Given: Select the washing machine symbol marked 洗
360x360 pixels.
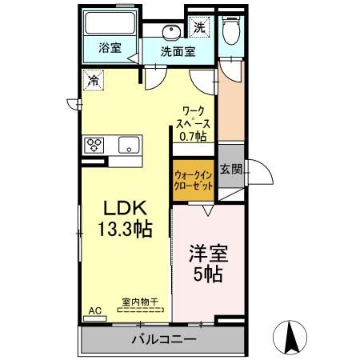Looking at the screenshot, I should click(x=198, y=26).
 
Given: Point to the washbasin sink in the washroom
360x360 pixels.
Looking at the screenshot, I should click(x=170, y=32).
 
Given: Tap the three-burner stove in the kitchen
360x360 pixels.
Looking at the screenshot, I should click(x=95, y=145).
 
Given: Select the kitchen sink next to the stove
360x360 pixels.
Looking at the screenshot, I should click(x=128, y=145).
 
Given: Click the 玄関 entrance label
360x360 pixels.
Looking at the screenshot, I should click(x=232, y=168).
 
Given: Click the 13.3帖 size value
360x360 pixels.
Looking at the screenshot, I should click(x=125, y=228).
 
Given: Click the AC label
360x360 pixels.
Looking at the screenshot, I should click(x=94, y=310).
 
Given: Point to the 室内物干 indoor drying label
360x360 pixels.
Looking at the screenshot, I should click(x=140, y=302).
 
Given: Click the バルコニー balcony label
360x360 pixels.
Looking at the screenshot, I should click(x=163, y=339).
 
